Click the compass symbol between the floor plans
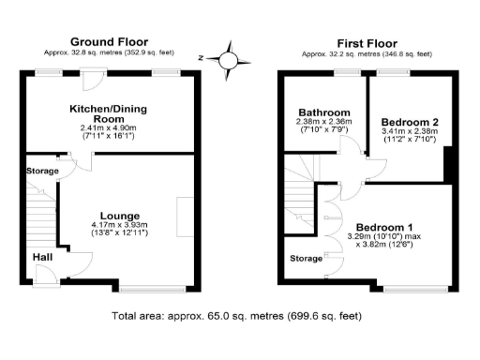pos(228,60)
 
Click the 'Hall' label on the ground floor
pos(43,256)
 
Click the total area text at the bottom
pos(240,316)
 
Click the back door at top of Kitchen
pos(70,79)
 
